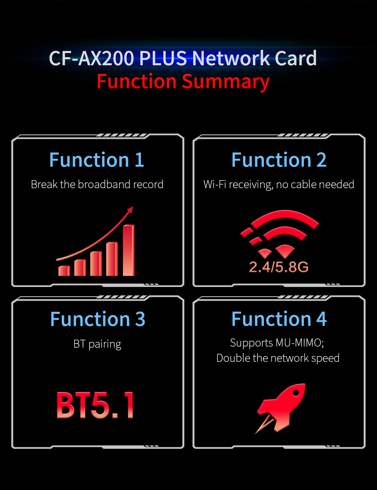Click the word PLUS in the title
click(163, 58)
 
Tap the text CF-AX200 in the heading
click(91, 58)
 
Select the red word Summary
click(226, 82)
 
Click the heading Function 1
click(97, 160)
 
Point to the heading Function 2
click(279, 160)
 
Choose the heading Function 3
click(97, 319)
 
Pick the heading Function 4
click(279, 319)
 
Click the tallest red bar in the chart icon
click(128, 250)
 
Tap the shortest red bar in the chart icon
click(64, 271)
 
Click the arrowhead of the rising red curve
click(131, 210)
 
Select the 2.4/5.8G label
click(279, 267)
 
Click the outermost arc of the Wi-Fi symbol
click(285, 214)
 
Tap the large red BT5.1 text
click(95, 405)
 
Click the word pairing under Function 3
click(105, 344)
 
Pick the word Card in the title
click(296, 58)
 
